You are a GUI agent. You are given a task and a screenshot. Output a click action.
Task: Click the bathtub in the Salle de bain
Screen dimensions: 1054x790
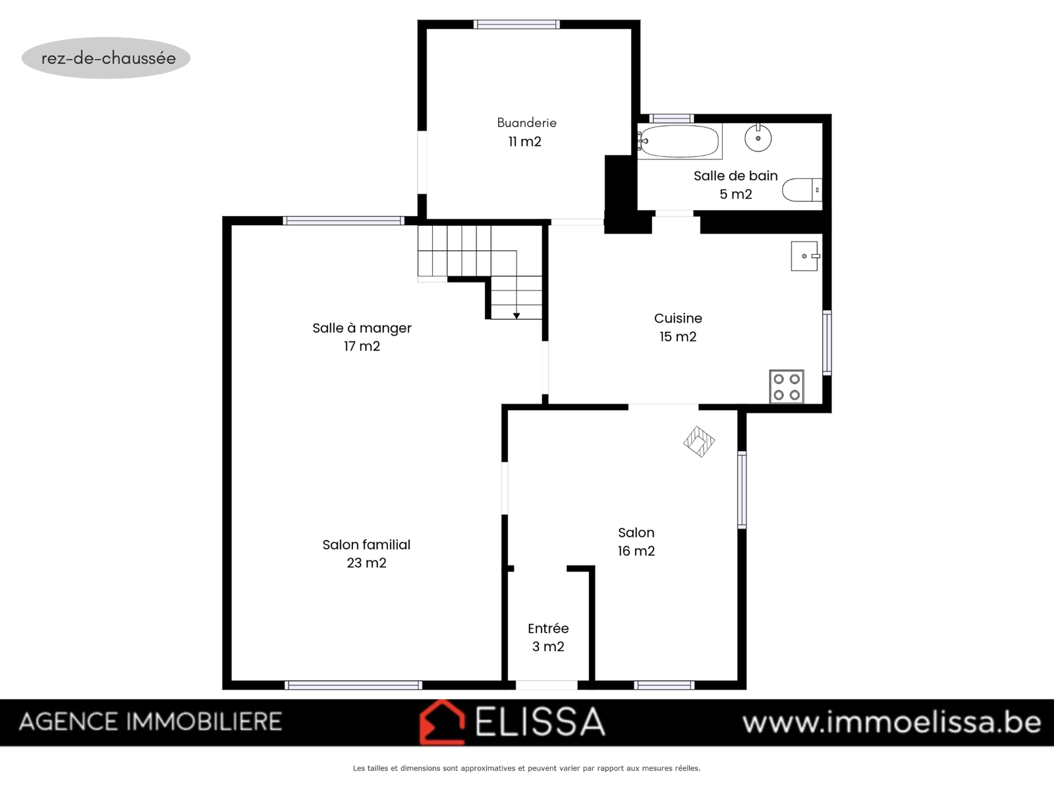tap(679, 141)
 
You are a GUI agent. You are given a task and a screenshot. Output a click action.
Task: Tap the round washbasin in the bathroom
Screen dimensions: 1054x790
tap(758, 138)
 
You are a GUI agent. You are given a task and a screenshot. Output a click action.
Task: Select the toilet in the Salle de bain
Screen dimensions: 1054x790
tap(802, 190)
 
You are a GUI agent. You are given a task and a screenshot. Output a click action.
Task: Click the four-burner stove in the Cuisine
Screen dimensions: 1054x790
tap(787, 386)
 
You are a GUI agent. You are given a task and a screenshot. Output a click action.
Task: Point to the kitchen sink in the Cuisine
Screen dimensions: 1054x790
tap(805, 256)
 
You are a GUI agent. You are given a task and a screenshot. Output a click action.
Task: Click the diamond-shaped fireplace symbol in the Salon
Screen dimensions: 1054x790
tap(699, 441)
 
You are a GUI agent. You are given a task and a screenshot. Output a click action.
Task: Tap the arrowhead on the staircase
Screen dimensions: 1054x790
tap(516, 315)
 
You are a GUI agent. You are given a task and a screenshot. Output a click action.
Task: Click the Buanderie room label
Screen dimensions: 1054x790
tap(526, 123)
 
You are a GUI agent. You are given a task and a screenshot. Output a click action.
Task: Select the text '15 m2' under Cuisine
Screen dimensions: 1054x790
tap(678, 336)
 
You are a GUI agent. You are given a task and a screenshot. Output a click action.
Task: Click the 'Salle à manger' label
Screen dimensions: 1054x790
tap(362, 328)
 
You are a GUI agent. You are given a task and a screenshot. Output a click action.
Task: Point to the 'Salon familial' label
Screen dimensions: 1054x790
tap(366, 545)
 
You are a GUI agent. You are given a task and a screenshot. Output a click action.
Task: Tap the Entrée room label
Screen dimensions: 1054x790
tap(548, 628)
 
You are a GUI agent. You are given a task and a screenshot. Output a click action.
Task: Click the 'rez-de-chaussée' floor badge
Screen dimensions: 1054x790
tap(106, 58)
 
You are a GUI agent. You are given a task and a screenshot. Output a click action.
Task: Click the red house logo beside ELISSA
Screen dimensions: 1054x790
tap(442, 722)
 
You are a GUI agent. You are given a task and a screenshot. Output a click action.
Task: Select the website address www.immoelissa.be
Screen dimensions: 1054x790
tap(892, 722)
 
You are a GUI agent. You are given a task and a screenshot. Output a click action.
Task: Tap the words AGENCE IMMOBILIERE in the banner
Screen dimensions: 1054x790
tap(150, 722)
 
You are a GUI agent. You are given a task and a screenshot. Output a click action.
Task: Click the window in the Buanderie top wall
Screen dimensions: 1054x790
tap(516, 24)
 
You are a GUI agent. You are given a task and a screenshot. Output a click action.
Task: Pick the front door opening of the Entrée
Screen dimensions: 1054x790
tap(547, 685)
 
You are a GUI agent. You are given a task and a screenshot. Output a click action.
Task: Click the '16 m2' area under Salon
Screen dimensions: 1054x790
tap(636, 551)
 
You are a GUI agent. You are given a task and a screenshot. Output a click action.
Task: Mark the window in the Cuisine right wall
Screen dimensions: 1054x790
tap(827, 342)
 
